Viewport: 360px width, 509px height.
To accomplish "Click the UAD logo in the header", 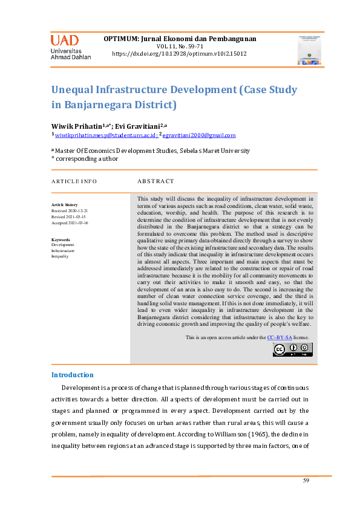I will click(x=70, y=47).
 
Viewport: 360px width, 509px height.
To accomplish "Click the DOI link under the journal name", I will click(x=180, y=54).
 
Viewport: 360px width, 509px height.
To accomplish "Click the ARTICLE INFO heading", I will click(x=74, y=181).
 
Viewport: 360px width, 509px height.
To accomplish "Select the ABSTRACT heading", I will click(x=155, y=181).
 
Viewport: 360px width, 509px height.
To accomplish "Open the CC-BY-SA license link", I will click(x=280, y=337).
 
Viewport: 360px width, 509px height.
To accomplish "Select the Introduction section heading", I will click(x=73, y=375).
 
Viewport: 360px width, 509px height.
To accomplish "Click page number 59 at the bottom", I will click(x=306, y=480).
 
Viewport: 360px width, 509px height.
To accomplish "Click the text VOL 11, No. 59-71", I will click(x=180, y=46).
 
